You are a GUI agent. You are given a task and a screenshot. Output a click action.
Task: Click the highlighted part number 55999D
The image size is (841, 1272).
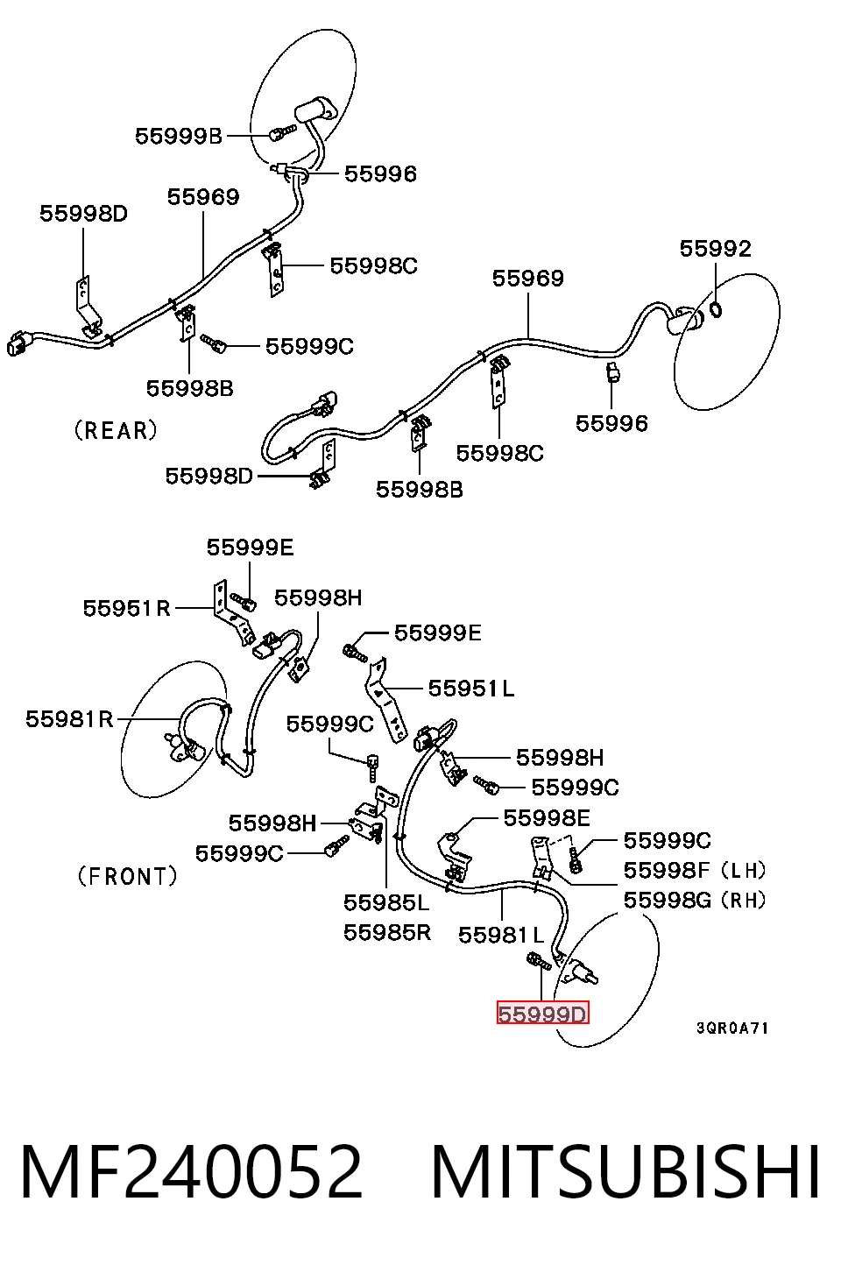click(x=542, y=1014)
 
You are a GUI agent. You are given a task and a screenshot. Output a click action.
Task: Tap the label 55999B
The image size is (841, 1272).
click(x=179, y=137)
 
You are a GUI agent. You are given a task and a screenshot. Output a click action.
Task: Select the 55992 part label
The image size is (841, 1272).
click(x=716, y=249)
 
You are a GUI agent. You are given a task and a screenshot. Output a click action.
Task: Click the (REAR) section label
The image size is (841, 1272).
click(x=116, y=430)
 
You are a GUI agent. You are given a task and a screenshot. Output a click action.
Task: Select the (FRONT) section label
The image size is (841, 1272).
click(x=127, y=876)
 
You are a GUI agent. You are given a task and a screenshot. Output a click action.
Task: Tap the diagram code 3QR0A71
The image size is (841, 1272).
click(x=732, y=1028)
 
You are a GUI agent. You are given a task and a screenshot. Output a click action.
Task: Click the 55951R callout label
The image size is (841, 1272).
click(x=127, y=608)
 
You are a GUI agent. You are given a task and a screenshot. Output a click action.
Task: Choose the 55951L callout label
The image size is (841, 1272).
click(x=470, y=689)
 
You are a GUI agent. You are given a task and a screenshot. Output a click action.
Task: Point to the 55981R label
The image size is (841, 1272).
click(x=69, y=719)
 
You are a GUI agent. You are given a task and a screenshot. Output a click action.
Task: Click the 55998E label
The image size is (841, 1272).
click(x=547, y=818)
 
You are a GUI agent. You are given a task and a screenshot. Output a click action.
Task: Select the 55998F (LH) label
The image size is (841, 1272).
click(x=695, y=870)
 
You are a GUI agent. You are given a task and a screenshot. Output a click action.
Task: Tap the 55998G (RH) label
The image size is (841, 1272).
click(x=695, y=900)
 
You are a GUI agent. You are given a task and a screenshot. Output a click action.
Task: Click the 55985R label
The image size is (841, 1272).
click(x=387, y=932)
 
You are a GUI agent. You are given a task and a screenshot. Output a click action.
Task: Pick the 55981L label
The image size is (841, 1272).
click(x=501, y=935)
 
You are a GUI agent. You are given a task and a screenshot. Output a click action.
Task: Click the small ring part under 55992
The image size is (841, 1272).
click(x=716, y=310)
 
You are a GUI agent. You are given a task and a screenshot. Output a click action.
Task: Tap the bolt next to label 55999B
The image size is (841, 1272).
click(x=282, y=132)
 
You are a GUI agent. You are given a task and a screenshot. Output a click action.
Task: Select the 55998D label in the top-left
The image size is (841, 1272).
click(x=83, y=214)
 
